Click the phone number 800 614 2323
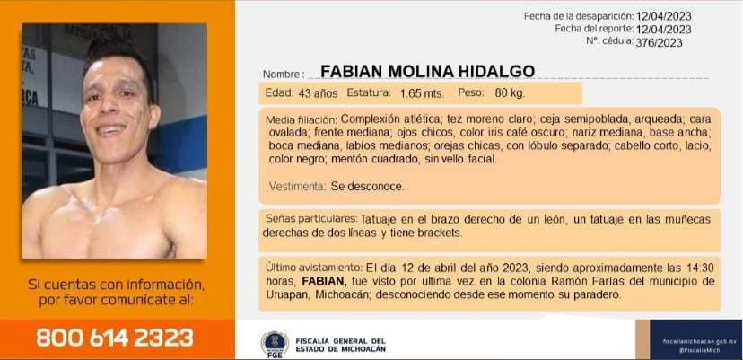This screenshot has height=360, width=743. pyautogui.click(x=115, y=338)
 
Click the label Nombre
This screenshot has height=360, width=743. pyautogui.click(x=282, y=75)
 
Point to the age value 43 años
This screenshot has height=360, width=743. pyautogui.click(x=318, y=93)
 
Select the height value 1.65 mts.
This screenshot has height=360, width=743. pyautogui.click(x=422, y=93)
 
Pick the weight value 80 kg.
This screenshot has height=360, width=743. pyautogui.click(x=510, y=93)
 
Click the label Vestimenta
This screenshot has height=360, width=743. pyautogui.click(x=297, y=187)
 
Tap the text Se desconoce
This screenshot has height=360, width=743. pyautogui.click(x=367, y=187)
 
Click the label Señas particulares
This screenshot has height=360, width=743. pyautogui.click(x=311, y=219)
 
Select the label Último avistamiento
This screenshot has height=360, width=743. pyautogui.click(x=314, y=268)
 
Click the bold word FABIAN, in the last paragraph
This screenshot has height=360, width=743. pyautogui.click(x=325, y=281)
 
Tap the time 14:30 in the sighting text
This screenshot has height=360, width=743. pyautogui.click(x=700, y=268)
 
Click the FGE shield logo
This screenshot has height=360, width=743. pyautogui.click(x=275, y=344)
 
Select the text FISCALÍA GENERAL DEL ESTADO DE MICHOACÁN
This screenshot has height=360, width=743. pyautogui.click(x=340, y=345)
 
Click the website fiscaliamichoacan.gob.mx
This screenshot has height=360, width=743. pyautogui.click(x=695, y=341)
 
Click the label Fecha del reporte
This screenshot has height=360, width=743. pyautogui.click(x=594, y=29)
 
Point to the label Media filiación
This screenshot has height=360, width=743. pyautogui.click(x=302, y=119)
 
